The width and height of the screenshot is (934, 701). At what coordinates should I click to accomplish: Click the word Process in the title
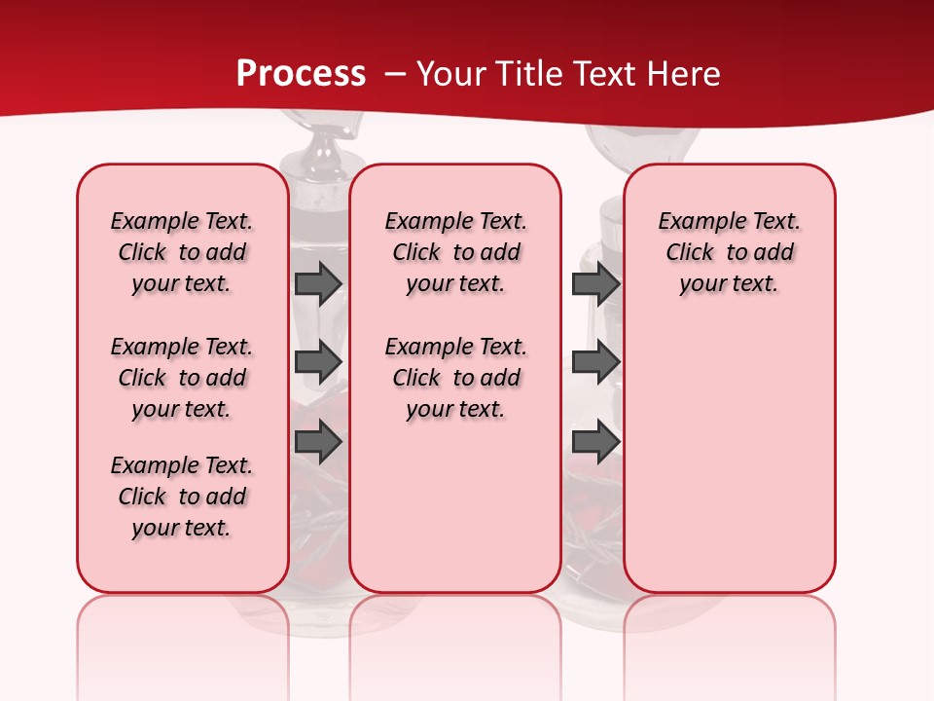pyautogui.click(x=301, y=74)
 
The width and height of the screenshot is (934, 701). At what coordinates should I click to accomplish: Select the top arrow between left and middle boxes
pyautogui.click(x=318, y=283)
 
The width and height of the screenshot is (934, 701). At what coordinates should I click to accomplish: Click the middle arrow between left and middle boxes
pyautogui.click(x=318, y=362)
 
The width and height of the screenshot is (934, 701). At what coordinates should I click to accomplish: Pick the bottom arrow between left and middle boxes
pyautogui.click(x=318, y=442)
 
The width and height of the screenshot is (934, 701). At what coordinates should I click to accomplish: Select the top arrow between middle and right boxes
pyautogui.click(x=595, y=283)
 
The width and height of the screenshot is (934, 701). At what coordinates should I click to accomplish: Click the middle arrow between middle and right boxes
pyautogui.click(x=595, y=362)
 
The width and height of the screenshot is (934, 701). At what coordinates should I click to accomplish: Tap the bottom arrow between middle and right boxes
pyautogui.click(x=595, y=442)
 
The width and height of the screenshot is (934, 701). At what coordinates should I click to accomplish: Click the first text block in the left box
pyautogui.click(x=182, y=252)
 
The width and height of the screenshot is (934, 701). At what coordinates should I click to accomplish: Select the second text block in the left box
pyautogui.click(x=182, y=378)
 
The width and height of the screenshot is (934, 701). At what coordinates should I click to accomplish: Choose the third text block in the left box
pyautogui.click(x=182, y=497)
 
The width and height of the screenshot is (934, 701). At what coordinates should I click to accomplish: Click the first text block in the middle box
pyautogui.click(x=456, y=252)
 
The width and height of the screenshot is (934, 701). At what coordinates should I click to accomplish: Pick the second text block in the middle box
pyautogui.click(x=456, y=378)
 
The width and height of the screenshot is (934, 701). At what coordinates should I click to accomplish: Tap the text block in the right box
pyautogui.click(x=730, y=252)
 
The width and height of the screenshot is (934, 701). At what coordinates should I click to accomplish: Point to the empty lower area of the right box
pyautogui.click(x=730, y=458)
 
